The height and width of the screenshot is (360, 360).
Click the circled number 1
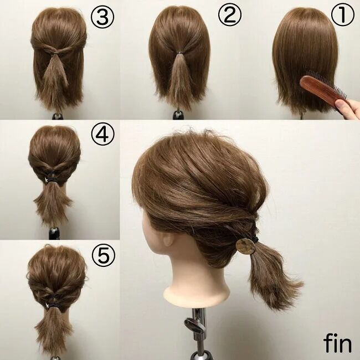coord(342,14)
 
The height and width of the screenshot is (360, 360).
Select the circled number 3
coord(102,17)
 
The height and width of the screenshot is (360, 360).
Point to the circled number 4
coord(102,133)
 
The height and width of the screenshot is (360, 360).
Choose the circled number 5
coord(104,255)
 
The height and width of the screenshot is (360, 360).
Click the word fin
coord(337,343)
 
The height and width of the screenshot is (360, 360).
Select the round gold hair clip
coord(245,246)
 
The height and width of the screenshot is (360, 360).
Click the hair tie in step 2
coord(179,53)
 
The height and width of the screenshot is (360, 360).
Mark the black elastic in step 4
coord(52,178)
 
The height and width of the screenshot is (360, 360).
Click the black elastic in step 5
coord(54,305)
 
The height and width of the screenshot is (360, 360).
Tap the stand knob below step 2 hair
coord(178,115)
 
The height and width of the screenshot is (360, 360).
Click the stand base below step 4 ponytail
coord(54,233)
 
